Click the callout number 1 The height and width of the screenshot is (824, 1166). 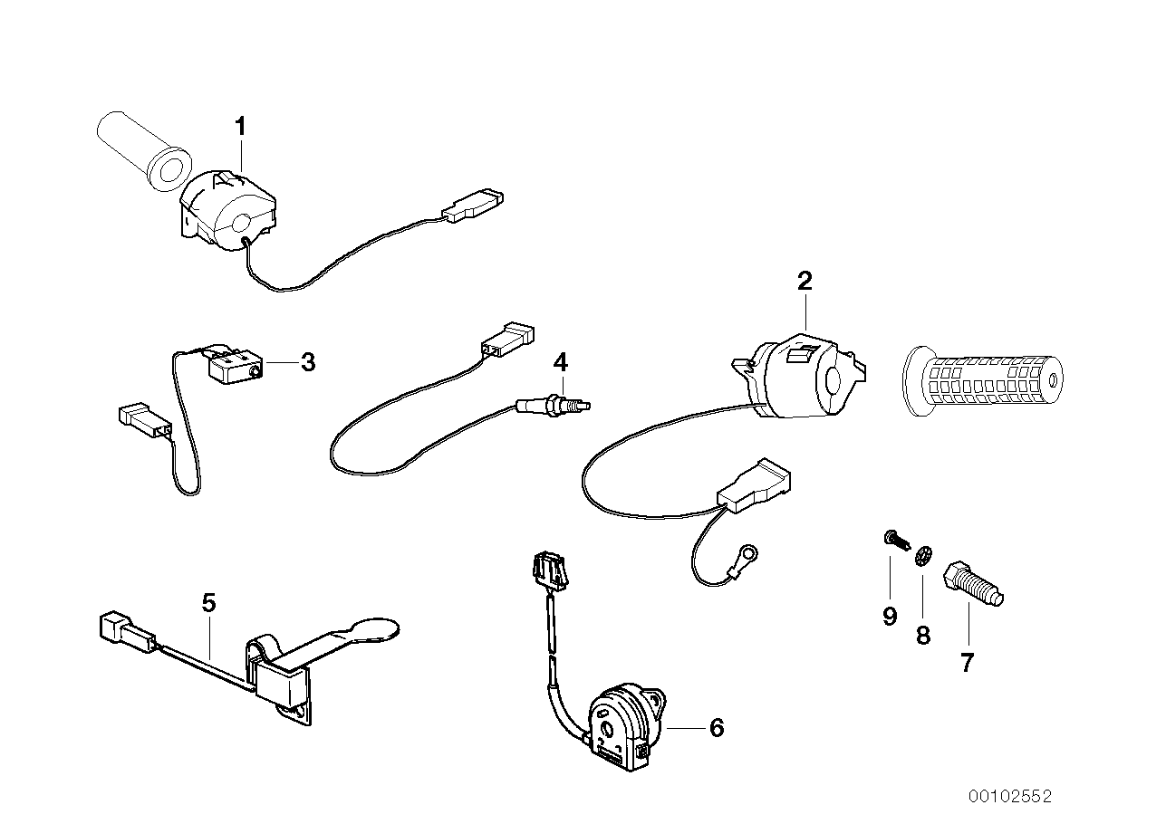click(x=240, y=127)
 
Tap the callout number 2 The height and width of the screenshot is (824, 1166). click(x=805, y=282)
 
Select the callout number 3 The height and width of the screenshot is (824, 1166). click(x=308, y=363)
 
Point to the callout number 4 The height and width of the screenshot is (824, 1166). click(x=561, y=363)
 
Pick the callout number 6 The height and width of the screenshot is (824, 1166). click(x=717, y=727)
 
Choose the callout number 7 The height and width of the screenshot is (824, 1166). click(x=967, y=664)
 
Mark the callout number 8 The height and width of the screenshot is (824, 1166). click(x=923, y=636)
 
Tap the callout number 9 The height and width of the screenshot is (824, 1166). click(x=890, y=617)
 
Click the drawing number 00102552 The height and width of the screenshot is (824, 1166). click(x=1010, y=797)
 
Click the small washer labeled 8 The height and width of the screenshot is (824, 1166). click(x=922, y=554)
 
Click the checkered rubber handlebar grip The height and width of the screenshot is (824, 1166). click(x=983, y=380)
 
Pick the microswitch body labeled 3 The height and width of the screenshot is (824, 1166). click(x=235, y=366)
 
